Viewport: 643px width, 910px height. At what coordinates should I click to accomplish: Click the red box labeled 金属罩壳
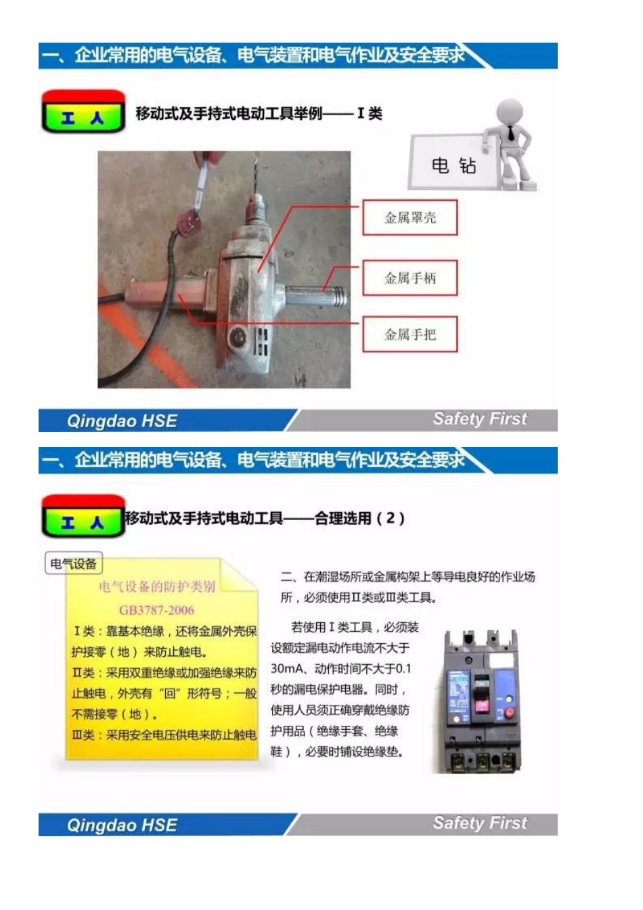[409, 217]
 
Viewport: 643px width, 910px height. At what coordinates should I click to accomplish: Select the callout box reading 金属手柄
[409, 278]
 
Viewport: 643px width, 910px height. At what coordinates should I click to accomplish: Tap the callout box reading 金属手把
[409, 334]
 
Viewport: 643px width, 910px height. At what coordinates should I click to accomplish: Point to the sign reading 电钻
[453, 165]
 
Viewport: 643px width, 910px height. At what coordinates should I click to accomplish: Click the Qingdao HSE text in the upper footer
[122, 421]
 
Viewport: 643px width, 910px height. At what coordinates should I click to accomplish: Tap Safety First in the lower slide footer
[479, 823]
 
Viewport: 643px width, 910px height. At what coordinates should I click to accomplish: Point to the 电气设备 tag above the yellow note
[73, 563]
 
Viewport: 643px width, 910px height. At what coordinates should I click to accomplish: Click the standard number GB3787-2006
[156, 609]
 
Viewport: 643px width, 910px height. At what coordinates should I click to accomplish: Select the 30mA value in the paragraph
[283, 668]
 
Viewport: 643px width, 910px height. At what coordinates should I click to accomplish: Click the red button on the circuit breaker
[508, 712]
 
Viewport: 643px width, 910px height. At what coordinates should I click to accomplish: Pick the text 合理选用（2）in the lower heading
[359, 519]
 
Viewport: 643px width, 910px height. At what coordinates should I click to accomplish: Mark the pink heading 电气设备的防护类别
[156, 586]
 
